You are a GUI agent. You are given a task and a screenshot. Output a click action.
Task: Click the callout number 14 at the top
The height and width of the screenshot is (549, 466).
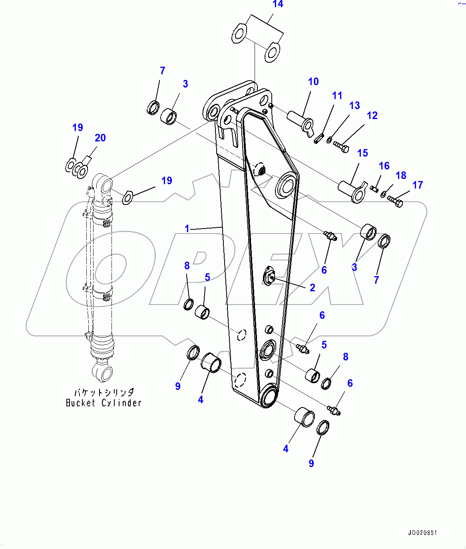point(278,4)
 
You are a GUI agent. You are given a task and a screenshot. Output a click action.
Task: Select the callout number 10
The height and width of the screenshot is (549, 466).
point(313,82)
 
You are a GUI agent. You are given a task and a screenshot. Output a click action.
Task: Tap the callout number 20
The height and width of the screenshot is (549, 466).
point(100,138)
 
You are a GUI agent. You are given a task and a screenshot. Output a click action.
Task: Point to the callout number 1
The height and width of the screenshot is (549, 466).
point(187,229)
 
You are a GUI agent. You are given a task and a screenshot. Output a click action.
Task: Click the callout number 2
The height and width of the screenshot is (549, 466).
point(313,288)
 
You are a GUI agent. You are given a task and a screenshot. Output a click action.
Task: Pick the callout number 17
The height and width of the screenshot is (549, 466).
point(418,185)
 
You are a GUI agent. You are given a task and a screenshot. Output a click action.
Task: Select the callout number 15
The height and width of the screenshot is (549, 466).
point(362,153)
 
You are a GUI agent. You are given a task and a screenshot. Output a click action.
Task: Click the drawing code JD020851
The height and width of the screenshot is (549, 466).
point(422,533)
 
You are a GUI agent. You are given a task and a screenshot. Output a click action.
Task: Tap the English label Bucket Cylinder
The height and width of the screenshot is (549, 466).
point(104,403)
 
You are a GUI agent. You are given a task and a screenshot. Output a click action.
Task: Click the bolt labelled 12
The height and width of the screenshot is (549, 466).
point(341,147)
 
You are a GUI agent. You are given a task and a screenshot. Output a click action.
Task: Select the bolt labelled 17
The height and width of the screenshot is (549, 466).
point(395,201)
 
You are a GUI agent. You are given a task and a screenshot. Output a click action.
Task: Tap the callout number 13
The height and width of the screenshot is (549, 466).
point(354,105)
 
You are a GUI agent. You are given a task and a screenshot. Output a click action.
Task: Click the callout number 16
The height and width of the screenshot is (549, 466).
point(384,166)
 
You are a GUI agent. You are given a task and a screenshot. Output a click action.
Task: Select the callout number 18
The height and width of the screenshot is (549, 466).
point(401,175)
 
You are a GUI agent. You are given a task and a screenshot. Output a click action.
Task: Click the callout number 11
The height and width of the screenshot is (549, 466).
point(337,96)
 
